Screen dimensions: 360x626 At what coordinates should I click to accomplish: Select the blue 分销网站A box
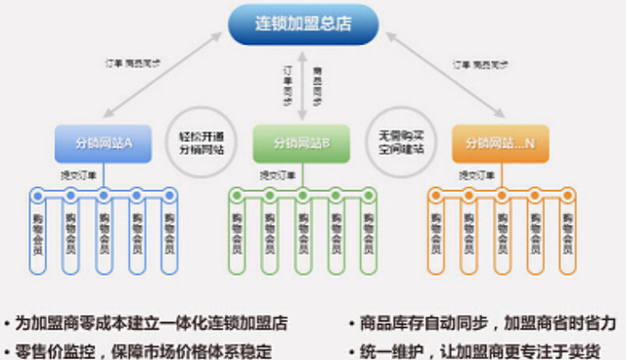click(x=103, y=144)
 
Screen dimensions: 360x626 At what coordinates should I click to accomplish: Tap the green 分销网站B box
click(x=298, y=144)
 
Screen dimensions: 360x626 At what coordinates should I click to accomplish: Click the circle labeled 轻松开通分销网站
click(x=201, y=144)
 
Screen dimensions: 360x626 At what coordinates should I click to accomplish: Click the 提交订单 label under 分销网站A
click(x=73, y=174)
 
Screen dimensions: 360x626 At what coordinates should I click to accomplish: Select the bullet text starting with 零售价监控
click(x=143, y=350)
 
